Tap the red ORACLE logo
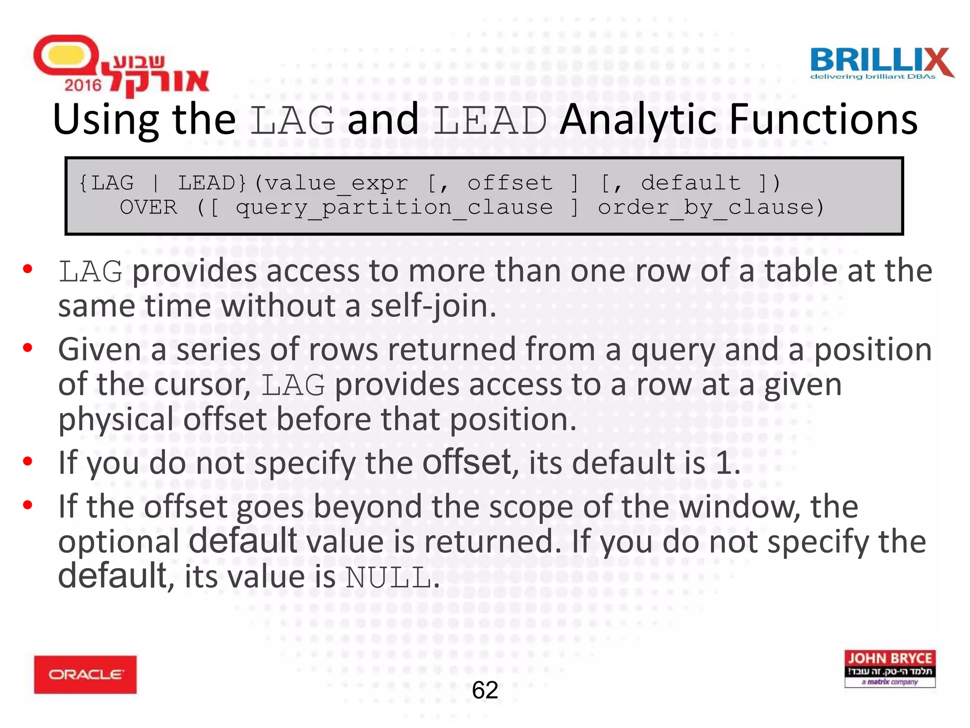85,674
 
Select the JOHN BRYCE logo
889,668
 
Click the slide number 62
485,690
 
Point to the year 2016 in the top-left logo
83,85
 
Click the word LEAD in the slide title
490,120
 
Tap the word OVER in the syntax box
148,208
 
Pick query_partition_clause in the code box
394,208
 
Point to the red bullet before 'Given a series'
27,348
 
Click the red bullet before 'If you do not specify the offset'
27,461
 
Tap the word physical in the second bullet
116,420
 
